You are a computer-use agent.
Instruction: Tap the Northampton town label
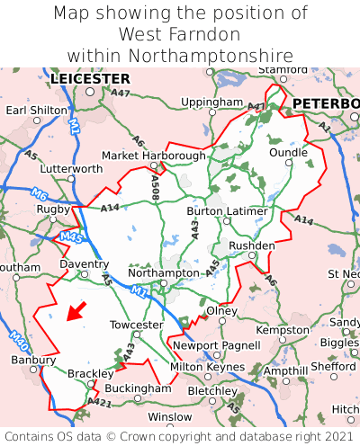(163, 272)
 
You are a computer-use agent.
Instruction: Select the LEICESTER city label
(90, 79)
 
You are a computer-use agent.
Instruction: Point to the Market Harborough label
(154, 156)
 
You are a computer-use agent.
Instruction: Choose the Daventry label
(84, 265)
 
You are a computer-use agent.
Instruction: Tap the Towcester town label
(136, 325)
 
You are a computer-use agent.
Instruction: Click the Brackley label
(91, 373)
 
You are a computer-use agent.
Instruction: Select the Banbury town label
(33, 361)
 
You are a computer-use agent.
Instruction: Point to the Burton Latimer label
(227, 211)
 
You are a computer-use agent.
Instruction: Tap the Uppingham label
(212, 103)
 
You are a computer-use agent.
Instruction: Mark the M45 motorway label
(71, 238)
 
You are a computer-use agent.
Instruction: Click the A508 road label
(156, 186)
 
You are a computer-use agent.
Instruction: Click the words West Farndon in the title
(179, 34)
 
